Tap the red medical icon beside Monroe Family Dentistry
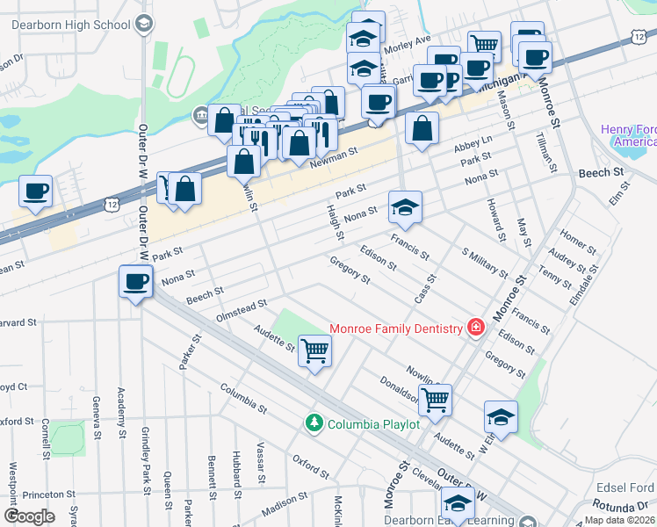point(475,328)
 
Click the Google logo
point(29,516)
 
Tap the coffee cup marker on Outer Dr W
point(136,282)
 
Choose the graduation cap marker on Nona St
point(405,207)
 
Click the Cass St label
point(426,288)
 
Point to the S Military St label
point(484,260)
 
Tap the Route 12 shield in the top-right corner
point(639,32)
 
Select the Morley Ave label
point(409,40)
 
